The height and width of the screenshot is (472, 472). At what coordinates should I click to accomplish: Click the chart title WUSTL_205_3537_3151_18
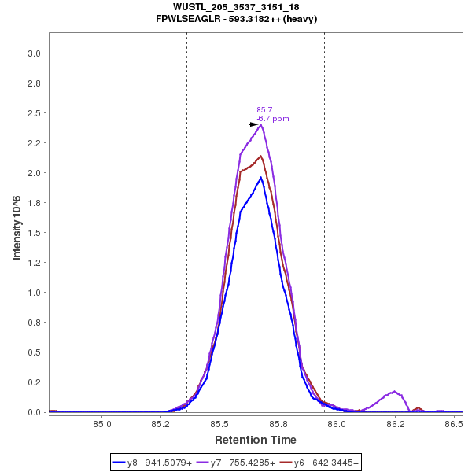[236, 7]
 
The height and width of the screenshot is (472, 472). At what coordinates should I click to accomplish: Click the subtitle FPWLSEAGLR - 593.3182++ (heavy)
[236, 18]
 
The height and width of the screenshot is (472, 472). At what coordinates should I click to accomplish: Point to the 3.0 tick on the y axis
[35, 53]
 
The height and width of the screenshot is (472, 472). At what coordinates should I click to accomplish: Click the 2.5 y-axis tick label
[35, 113]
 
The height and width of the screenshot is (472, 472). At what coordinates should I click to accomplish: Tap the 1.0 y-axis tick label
[35, 293]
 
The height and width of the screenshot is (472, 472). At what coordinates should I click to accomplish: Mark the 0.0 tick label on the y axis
[35, 412]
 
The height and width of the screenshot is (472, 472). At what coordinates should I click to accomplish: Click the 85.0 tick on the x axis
[102, 425]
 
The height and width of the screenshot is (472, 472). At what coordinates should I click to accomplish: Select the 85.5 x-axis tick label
[219, 425]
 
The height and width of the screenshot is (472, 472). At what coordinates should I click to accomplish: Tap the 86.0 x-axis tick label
[337, 425]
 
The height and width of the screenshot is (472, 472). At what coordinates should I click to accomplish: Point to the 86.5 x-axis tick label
[453, 425]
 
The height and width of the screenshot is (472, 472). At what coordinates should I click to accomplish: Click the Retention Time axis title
[256, 440]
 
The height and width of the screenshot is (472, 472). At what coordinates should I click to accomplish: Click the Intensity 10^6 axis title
[17, 228]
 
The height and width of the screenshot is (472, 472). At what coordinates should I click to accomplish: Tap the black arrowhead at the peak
[254, 124]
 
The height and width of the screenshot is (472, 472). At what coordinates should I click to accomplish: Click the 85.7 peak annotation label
[264, 110]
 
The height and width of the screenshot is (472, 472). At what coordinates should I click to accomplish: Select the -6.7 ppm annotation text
[274, 119]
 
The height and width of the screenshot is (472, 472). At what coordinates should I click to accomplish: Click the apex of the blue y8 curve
[260, 177]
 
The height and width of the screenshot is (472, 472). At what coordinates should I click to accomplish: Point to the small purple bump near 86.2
[394, 391]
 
